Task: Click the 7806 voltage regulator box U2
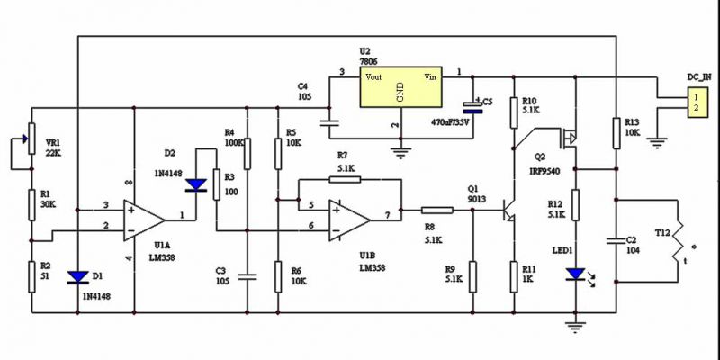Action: click(x=400, y=88)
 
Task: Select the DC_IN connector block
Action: click(x=670, y=102)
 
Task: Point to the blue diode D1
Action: click(x=78, y=276)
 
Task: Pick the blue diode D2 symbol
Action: click(x=195, y=185)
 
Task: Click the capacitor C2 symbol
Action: click(x=616, y=241)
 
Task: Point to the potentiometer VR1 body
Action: click(x=31, y=139)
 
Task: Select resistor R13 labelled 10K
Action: click(x=616, y=131)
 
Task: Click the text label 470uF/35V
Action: click(x=450, y=121)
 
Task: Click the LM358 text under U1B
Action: click(x=373, y=267)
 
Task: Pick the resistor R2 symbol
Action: click(x=31, y=273)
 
